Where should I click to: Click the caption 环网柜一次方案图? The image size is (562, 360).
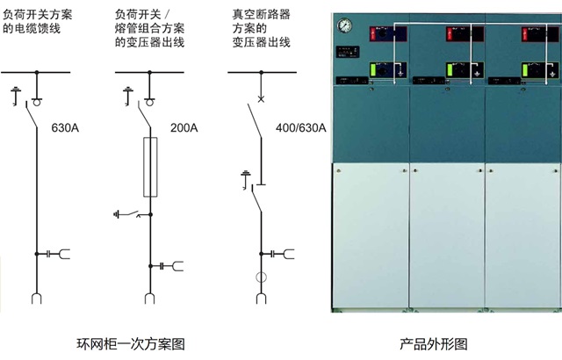[x=132, y=343]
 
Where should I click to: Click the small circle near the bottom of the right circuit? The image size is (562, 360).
[x=260, y=279]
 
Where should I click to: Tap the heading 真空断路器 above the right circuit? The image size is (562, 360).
[x=262, y=16]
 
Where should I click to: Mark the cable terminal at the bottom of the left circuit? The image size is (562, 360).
[x=36, y=299]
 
